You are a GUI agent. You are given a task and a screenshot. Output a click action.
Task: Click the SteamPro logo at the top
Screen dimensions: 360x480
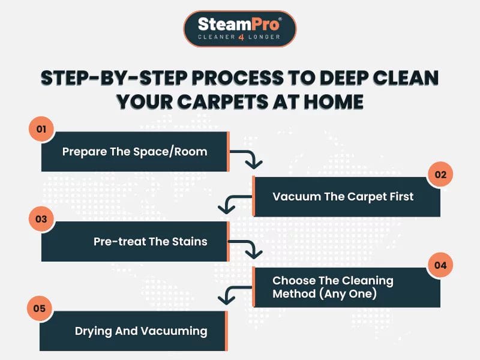click(239, 28)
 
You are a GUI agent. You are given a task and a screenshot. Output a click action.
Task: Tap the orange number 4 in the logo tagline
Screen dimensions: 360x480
click(240, 37)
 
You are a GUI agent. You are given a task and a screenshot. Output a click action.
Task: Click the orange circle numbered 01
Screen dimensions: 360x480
click(41, 128)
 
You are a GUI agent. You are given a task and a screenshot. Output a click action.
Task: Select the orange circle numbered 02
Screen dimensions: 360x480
click(440, 175)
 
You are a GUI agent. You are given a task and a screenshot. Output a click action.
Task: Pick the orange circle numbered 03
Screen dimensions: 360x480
click(41, 219)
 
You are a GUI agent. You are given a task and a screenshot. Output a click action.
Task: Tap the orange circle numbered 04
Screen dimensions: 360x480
click(440, 265)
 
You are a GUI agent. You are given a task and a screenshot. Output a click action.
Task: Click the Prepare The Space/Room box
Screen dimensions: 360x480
click(134, 151)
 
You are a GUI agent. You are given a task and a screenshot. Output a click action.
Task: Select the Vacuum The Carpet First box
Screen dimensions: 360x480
click(346, 196)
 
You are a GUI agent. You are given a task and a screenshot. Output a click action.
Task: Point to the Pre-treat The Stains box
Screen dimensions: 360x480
click(134, 241)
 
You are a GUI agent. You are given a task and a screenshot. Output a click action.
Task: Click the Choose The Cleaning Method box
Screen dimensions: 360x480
click(346, 286)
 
